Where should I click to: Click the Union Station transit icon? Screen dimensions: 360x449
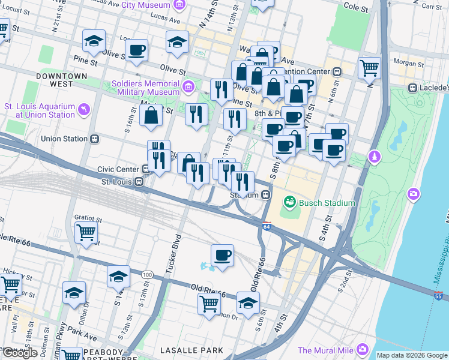coord(94,139)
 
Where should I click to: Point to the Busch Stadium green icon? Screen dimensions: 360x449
coord(290,203)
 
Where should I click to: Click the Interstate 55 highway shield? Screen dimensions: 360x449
coord(439,295)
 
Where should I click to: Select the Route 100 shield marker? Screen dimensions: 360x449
coord(147,274)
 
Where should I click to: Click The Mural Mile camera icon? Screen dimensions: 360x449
coord(362,349)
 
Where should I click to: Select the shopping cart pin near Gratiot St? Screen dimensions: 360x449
coord(86,232)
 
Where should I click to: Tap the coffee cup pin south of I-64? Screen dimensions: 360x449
coord(222,256)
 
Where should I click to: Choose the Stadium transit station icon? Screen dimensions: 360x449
coord(264,195)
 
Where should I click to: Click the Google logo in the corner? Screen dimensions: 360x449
coord(20,353)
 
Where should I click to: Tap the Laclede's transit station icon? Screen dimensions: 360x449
coord(412,88)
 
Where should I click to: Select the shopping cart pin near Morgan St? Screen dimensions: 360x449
coord(369,67)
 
